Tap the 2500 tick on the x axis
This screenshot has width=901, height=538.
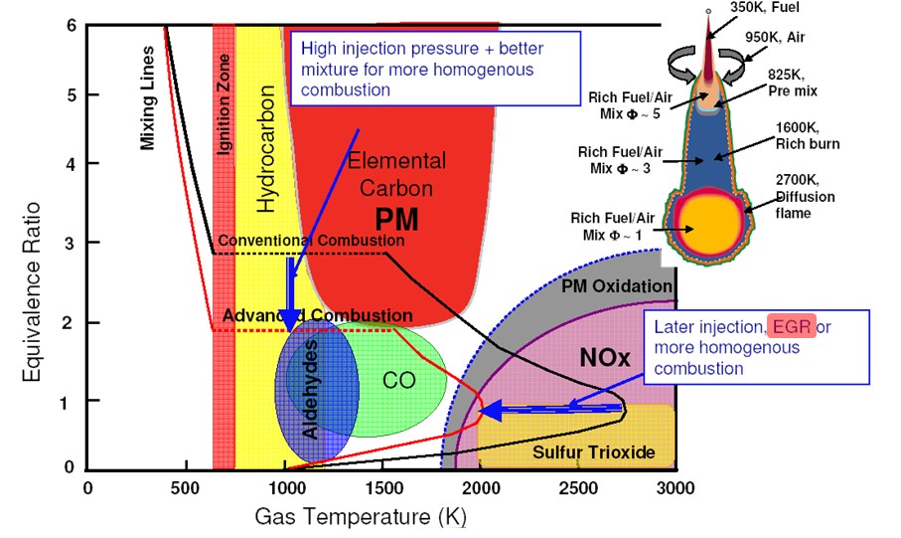(577, 487)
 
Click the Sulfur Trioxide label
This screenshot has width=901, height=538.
(594, 452)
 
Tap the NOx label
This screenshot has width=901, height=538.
(605, 357)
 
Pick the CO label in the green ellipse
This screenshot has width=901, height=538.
(398, 380)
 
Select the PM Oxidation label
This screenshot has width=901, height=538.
(617, 287)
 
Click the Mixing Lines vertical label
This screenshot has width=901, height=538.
(148, 97)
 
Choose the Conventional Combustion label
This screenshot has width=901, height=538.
(311, 241)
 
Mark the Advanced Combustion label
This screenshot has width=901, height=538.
(303, 315)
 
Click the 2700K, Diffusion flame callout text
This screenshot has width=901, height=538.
(805, 197)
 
